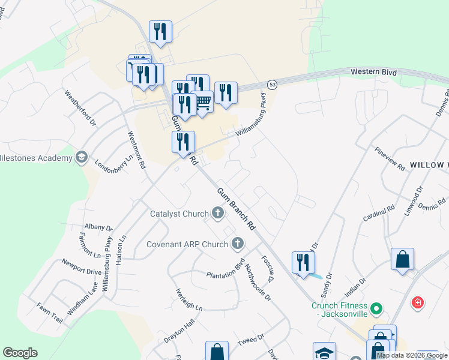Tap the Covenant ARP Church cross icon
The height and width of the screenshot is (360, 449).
pos(238,244)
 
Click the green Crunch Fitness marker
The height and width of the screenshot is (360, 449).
pos(376,309)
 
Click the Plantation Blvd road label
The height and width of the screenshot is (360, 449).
pos(226,269)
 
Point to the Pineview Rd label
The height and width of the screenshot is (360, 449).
pos(390,159)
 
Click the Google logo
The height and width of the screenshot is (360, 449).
pos(20,353)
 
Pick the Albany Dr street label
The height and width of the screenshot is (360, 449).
pos(98,227)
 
